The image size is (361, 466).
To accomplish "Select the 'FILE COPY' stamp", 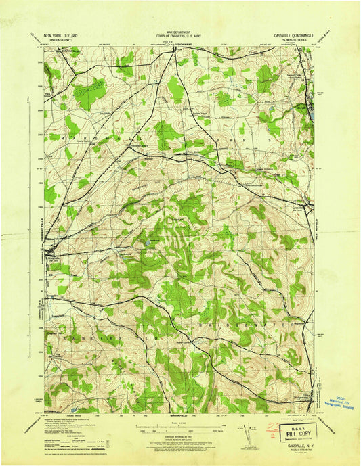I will click(298, 430).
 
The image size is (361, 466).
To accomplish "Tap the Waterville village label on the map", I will click(54, 256).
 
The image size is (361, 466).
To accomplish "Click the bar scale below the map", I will click(179, 427).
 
